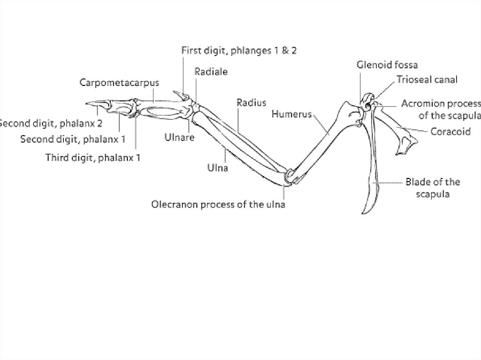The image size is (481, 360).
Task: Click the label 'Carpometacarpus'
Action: click(119, 83)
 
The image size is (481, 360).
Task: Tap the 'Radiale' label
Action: click(211, 71)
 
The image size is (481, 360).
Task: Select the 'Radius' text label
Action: click(251, 102)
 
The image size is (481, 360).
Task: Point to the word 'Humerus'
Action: click(291, 114)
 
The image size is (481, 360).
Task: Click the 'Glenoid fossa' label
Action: click(387, 65)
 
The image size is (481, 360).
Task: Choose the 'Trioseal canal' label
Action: click(427, 79)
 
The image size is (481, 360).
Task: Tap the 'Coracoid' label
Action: click(450, 132)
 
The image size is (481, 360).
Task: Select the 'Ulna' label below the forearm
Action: click(218, 167)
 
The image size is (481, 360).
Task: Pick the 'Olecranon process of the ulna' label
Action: click(218, 205)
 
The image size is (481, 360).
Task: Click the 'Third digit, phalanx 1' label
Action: click(93, 157)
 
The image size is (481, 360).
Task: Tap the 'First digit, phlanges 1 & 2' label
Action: click(239, 51)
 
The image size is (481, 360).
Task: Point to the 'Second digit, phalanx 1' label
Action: click(73, 139)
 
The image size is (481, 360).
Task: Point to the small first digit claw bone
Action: click(181, 96)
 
